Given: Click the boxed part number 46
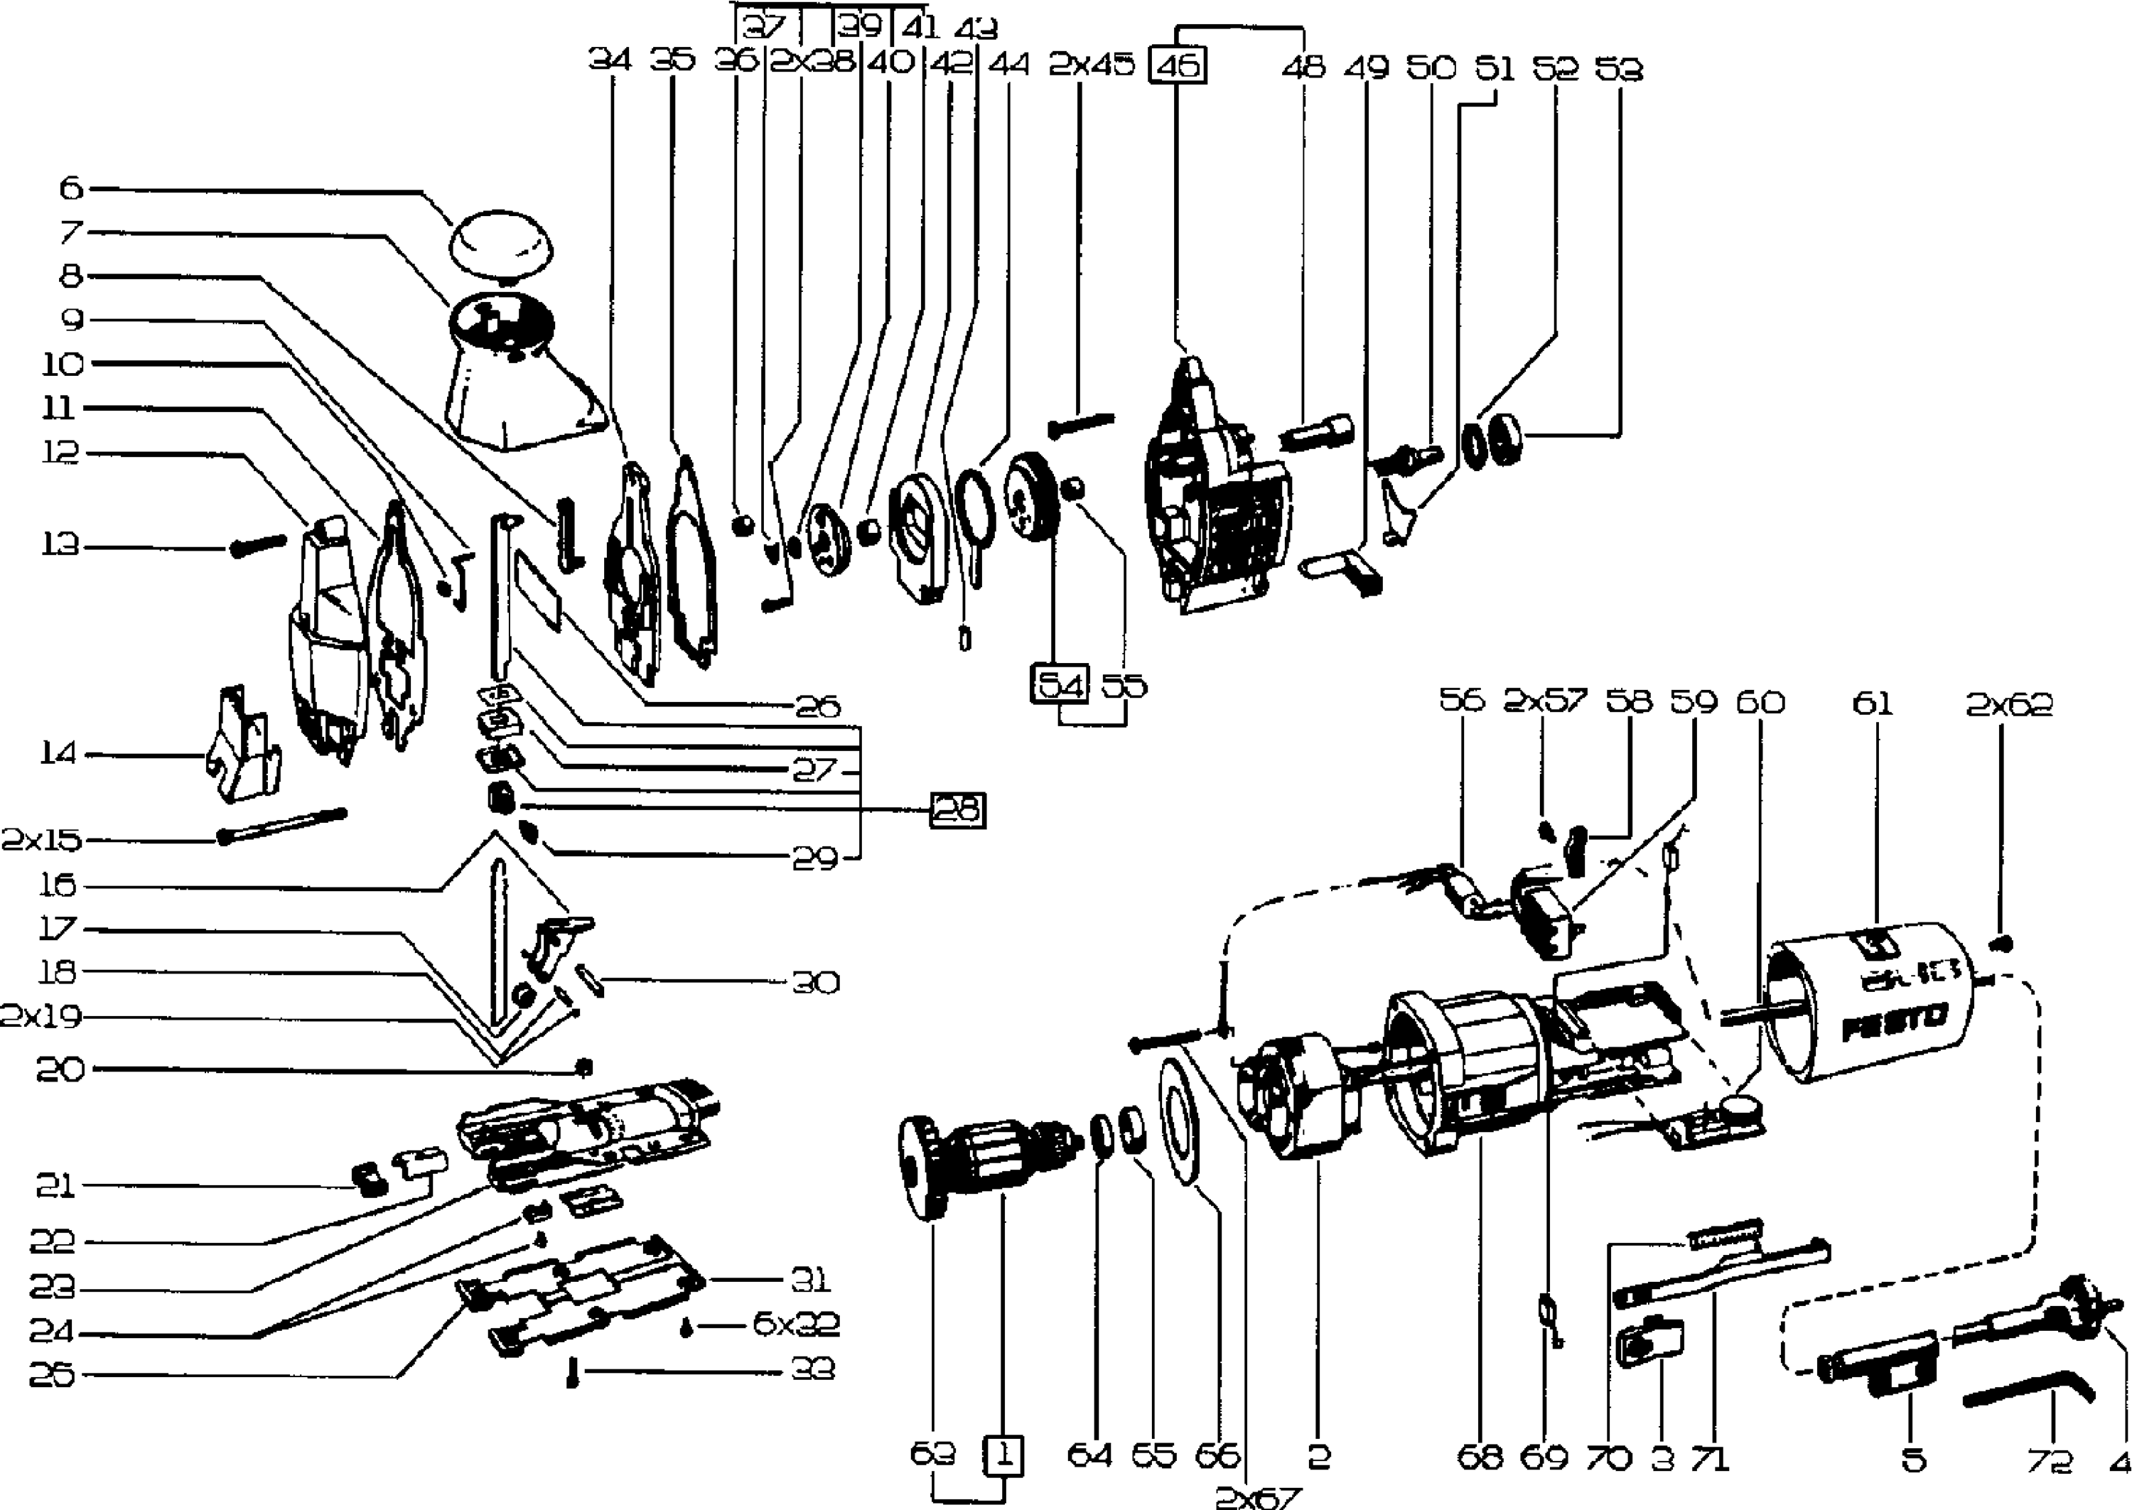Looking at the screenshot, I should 1178,67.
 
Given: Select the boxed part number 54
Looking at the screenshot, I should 1060,686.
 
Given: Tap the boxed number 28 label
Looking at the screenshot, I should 958,811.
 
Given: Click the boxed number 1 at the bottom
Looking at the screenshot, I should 1002,1455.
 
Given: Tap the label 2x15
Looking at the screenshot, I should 42,841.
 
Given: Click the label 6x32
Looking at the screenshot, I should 795,1324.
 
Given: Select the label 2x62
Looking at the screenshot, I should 2008,705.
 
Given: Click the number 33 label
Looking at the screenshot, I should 812,1369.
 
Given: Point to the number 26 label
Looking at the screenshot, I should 817,706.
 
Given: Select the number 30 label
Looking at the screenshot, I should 814,982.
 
